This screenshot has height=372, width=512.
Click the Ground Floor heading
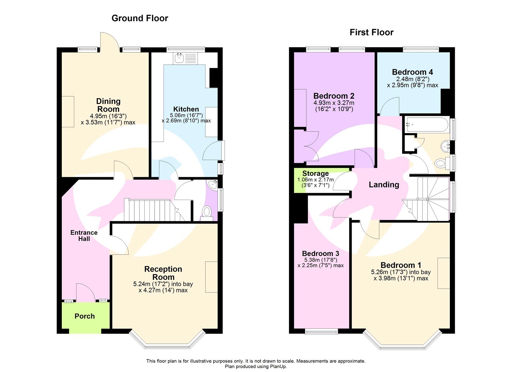(x=140, y=18)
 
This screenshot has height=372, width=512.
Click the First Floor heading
(x=371, y=32)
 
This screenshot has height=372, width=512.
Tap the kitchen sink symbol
(x=179, y=58)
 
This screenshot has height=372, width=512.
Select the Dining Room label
(x=108, y=105)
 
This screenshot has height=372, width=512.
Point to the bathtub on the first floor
(x=427, y=125)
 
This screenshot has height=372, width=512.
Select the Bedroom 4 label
(x=412, y=72)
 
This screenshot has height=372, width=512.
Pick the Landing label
(x=384, y=185)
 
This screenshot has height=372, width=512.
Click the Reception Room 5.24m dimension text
(x=163, y=284)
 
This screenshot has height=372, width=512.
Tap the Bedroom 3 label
(x=320, y=254)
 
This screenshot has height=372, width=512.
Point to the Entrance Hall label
(x=84, y=235)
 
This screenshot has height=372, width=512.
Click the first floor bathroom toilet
(x=441, y=163)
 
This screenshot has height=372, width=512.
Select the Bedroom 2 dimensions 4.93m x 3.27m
(x=334, y=103)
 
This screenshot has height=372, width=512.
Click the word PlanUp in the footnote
(x=278, y=367)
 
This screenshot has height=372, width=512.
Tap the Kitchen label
(x=186, y=109)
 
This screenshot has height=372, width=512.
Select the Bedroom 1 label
(x=401, y=265)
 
